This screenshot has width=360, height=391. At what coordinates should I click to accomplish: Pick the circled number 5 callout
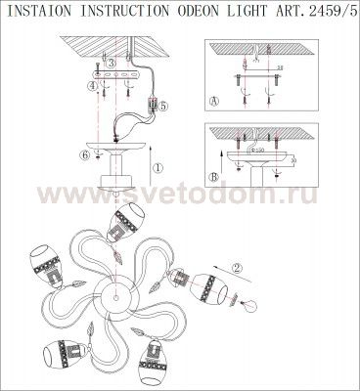point(164,105)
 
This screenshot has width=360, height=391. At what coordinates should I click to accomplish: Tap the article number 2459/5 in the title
point(330,11)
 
